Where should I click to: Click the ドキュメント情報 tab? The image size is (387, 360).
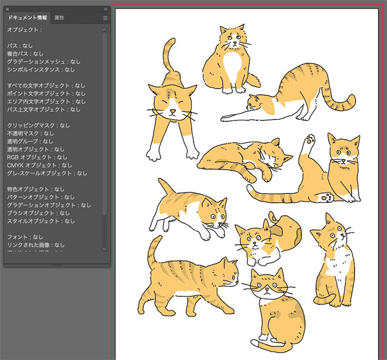tap(27, 18)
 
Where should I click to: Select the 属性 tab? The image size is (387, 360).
tap(59, 18)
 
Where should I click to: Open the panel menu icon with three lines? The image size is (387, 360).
tap(105, 18)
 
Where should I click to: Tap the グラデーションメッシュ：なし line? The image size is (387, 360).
tap(44, 62)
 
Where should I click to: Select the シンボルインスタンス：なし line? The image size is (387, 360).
tap(41, 70)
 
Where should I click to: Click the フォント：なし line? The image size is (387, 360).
tap(25, 237)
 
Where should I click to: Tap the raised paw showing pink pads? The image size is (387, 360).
tap(311, 142)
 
